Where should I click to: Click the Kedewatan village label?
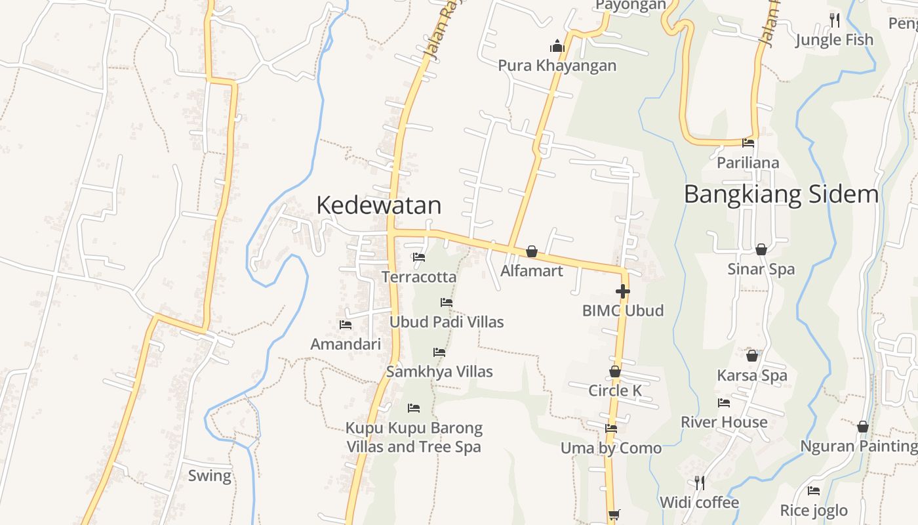point(378,205)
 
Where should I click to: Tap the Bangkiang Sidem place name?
point(781,194)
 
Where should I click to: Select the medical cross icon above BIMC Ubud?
point(622,291)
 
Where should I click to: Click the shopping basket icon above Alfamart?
point(532,251)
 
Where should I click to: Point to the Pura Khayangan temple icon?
point(557,46)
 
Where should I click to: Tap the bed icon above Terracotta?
point(419,257)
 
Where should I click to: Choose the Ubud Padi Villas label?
point(447,322)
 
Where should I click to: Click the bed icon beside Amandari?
point(346,324)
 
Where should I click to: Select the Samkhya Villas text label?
point(439,371)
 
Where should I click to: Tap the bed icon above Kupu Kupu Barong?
point(414,408)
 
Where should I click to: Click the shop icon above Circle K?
point(615,371)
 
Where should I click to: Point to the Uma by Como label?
point(611,448)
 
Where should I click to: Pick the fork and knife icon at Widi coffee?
point(700,483)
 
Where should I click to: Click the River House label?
point(724,422)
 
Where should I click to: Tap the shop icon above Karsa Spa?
point(752,356)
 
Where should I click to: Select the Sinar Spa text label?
point(761,269)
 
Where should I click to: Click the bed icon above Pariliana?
point(748,143)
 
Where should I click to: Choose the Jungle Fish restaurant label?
point(834,40)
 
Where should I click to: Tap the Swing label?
point(210,476)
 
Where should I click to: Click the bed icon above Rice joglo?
point(814,491)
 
